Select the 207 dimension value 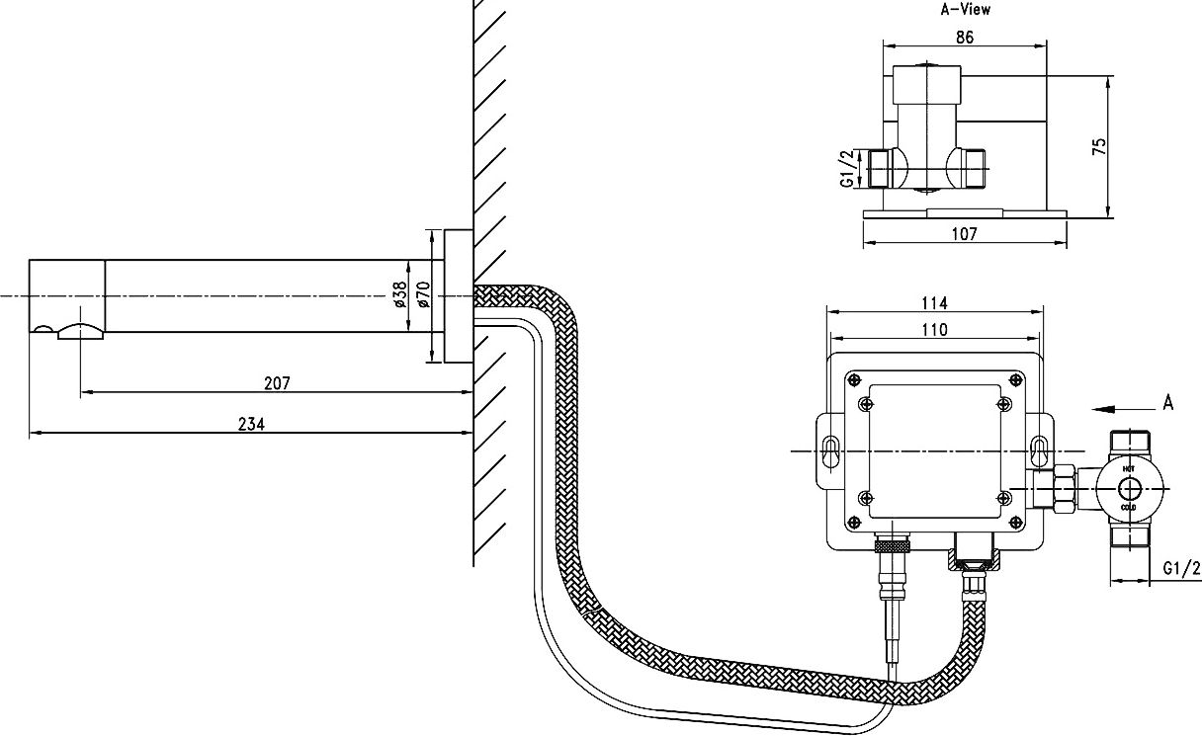(x=278, y=383)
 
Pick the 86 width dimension (x=965, y=37)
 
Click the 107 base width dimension (x=964, y=234)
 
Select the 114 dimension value (x=934, y=301)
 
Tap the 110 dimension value (x=934, y=329)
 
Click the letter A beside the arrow (x=1168, y=402)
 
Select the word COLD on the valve (x=1129, y=507)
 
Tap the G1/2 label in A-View (x=846, y=168)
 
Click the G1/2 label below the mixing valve (x=1181, y=568)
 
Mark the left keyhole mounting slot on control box (x=830, y=450)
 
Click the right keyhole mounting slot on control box (x=1040, y=450)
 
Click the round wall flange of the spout (x=458, y=296)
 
